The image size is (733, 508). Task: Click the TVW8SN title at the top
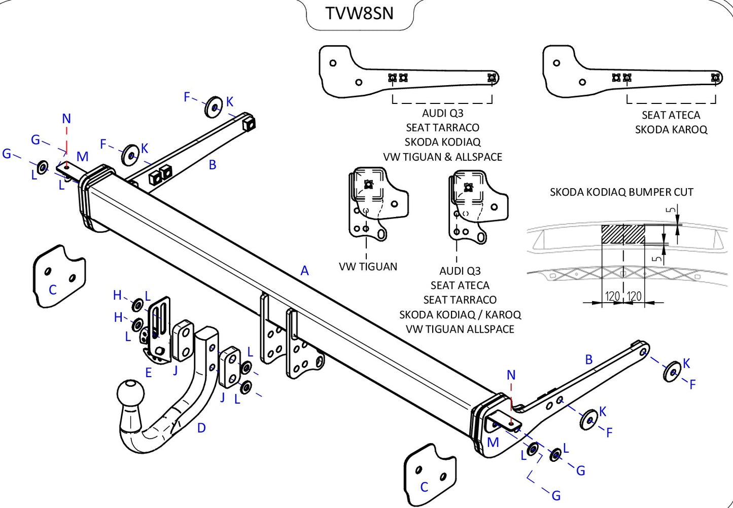[x=359, y=14]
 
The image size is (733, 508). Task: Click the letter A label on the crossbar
[x=304, y=271]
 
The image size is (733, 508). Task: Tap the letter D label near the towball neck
[x=201, y=428]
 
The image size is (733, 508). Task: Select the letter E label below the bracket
[x=148, y=373]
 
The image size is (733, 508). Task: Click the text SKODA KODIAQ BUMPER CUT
[x=621, y=192]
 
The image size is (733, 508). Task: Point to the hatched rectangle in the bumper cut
[x=623, y=234]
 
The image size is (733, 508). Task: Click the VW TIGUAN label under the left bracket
[x=368, y=267]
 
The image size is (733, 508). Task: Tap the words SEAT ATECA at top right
[x=671, y=115]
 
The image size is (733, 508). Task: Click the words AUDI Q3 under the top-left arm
[x=442, y=113]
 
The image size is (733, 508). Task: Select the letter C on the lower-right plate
[x=424, y=487]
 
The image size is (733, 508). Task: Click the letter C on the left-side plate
[x=52, y=290]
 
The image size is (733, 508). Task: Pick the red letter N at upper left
[x=66, y=119]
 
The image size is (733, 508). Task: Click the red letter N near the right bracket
[x=511, y=375]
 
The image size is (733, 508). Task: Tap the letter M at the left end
[x=82, y=157]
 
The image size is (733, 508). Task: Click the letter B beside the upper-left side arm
[x=213, y=165]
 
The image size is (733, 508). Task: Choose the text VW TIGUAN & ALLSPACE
[x=442, y=157]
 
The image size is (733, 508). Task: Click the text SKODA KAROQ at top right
[x=671, y=130]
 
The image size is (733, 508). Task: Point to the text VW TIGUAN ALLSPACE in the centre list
[x=460, y=330]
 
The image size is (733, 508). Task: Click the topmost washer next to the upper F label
[x=214, y=107]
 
